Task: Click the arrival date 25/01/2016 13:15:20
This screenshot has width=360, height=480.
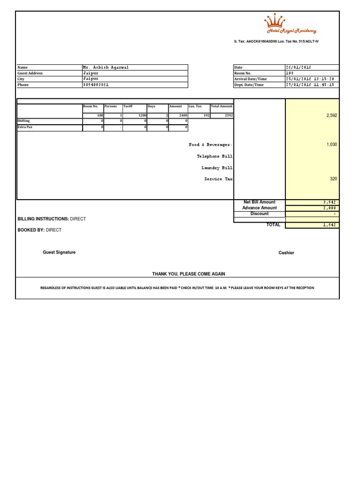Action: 310,79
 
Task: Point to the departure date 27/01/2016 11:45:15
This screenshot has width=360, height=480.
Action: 310,85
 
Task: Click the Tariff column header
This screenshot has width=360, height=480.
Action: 128,106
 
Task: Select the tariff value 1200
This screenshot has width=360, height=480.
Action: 142,115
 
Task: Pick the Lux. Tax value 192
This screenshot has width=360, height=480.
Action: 206,115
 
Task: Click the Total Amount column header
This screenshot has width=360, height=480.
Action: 222,106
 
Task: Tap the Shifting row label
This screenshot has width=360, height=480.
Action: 23,121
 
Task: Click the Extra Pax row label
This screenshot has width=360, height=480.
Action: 25,127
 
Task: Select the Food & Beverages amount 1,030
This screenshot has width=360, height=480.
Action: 331,145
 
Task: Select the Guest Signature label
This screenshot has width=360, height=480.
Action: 59,252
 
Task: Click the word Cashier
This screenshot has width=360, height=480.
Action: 286,253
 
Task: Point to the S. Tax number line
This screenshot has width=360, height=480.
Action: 277,42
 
